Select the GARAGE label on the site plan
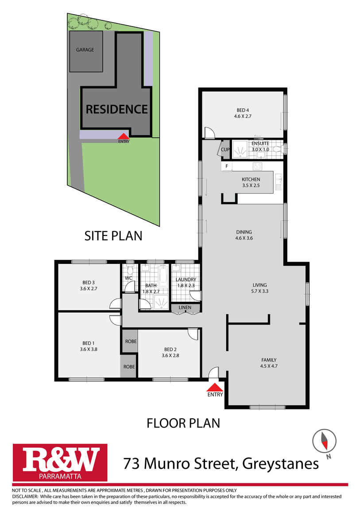point(85,50)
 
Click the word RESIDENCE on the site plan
point(116,109)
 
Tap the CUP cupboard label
point(225,150)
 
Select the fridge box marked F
point(227,166)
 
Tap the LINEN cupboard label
point(186,308)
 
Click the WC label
point(128,278)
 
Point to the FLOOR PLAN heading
point(183,423)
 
